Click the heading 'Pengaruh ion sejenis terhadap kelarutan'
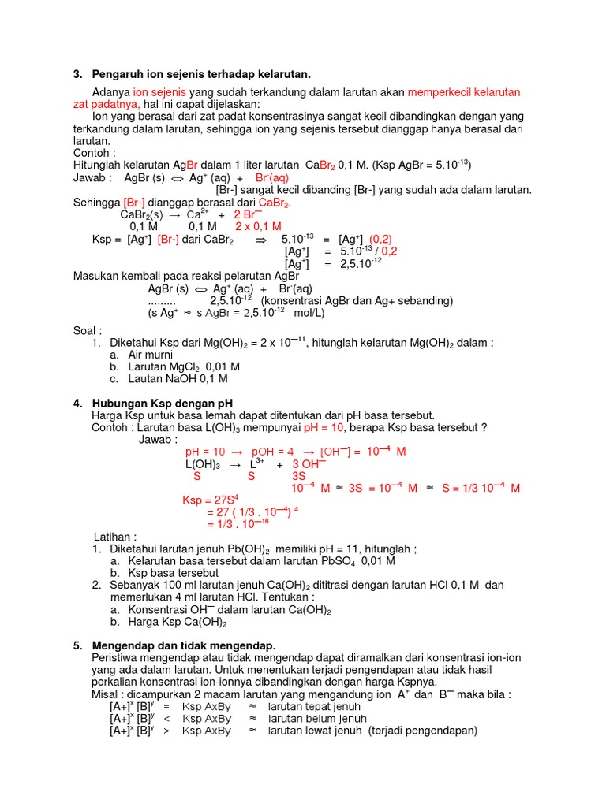201,74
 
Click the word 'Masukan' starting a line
97,276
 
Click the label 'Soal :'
88,330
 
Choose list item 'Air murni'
150,355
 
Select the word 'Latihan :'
115,537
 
